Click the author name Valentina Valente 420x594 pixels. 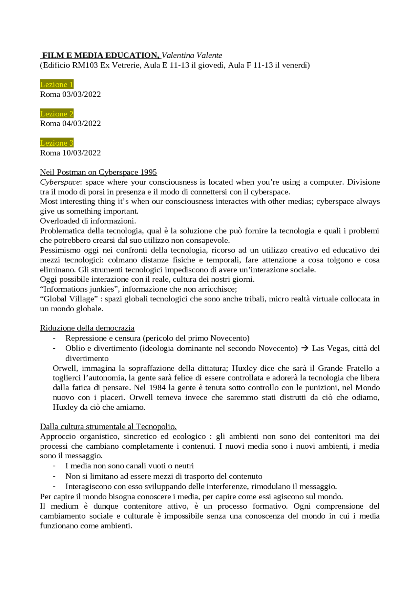(192, 55)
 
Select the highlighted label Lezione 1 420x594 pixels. (56, 85)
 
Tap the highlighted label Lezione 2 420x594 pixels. (56, 114)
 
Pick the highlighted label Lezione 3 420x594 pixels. (56, 143)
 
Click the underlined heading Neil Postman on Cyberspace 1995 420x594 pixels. (98, 172)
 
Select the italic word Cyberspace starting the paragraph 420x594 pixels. (60, 182)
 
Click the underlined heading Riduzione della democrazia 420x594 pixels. (87, 328)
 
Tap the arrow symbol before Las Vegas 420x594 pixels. (304, 348)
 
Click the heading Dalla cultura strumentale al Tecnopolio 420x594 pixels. (108, 426)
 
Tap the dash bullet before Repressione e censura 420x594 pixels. (54, 338)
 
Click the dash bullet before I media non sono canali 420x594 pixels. (54, 466)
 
